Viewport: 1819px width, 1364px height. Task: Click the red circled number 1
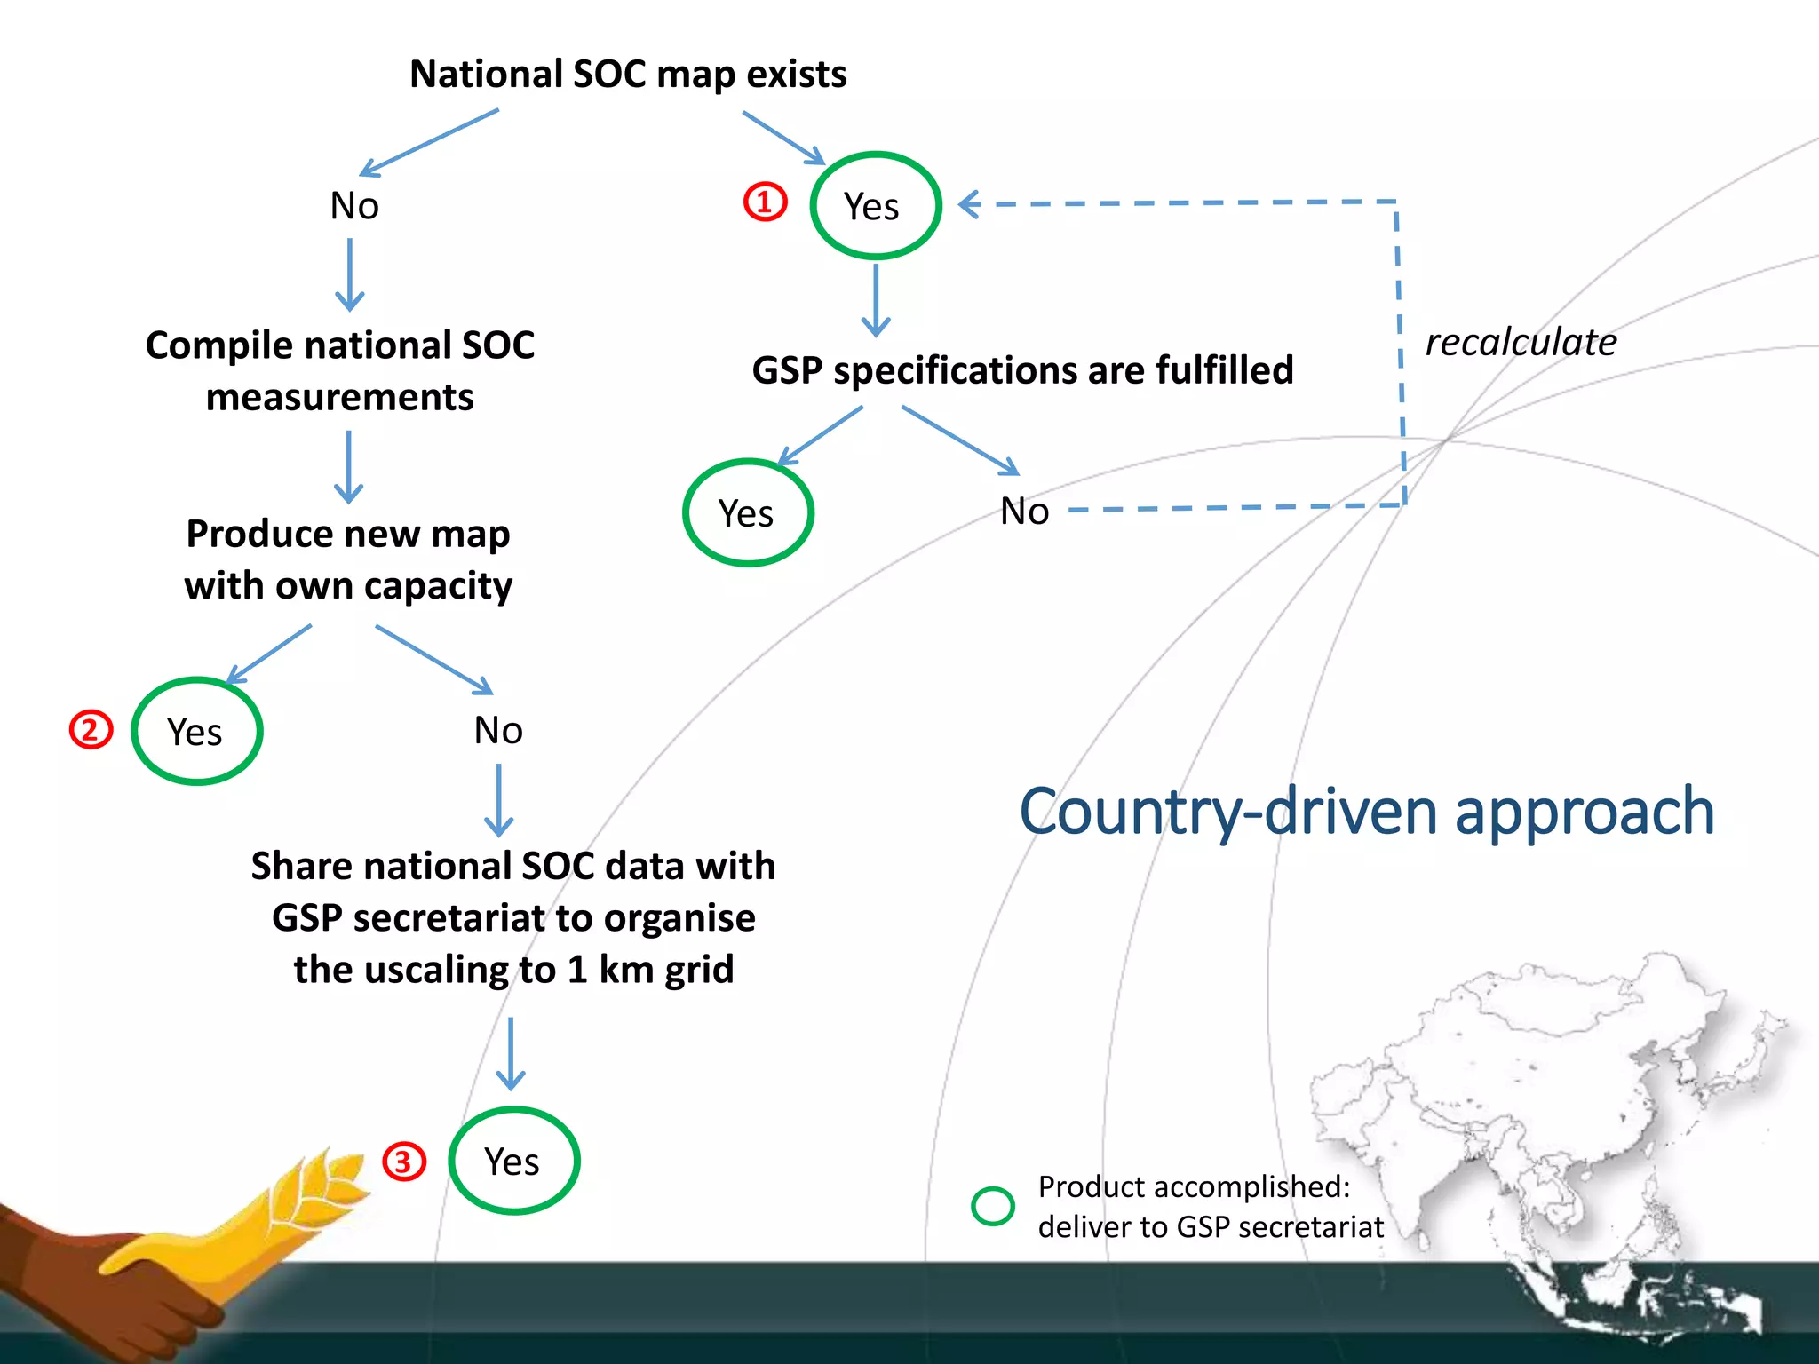coord(765,202)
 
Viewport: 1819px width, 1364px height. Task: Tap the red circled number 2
coord(91,730)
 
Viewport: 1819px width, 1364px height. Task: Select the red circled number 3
coord(404,1161)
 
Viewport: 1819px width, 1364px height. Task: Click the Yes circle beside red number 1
coord(875,206)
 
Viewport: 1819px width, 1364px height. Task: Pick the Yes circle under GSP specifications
coord(748,512)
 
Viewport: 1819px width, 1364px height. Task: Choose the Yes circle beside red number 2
coord(196,731)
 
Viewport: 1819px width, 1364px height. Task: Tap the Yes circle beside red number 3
coord(513,1161)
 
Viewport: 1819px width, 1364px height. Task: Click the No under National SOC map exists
coord(354,206)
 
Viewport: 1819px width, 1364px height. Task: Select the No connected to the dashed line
coord(1024,511)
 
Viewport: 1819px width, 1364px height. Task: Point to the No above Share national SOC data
coord(498,731)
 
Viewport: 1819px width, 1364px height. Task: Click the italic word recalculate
coord(1521,343)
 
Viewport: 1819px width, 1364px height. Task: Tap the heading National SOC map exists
coord(628,75)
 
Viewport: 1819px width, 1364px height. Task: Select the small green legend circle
coord(992,1206)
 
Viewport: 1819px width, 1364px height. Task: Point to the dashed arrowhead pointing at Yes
coord(968,204)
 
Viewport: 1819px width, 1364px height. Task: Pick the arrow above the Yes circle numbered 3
coord(511,1054)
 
